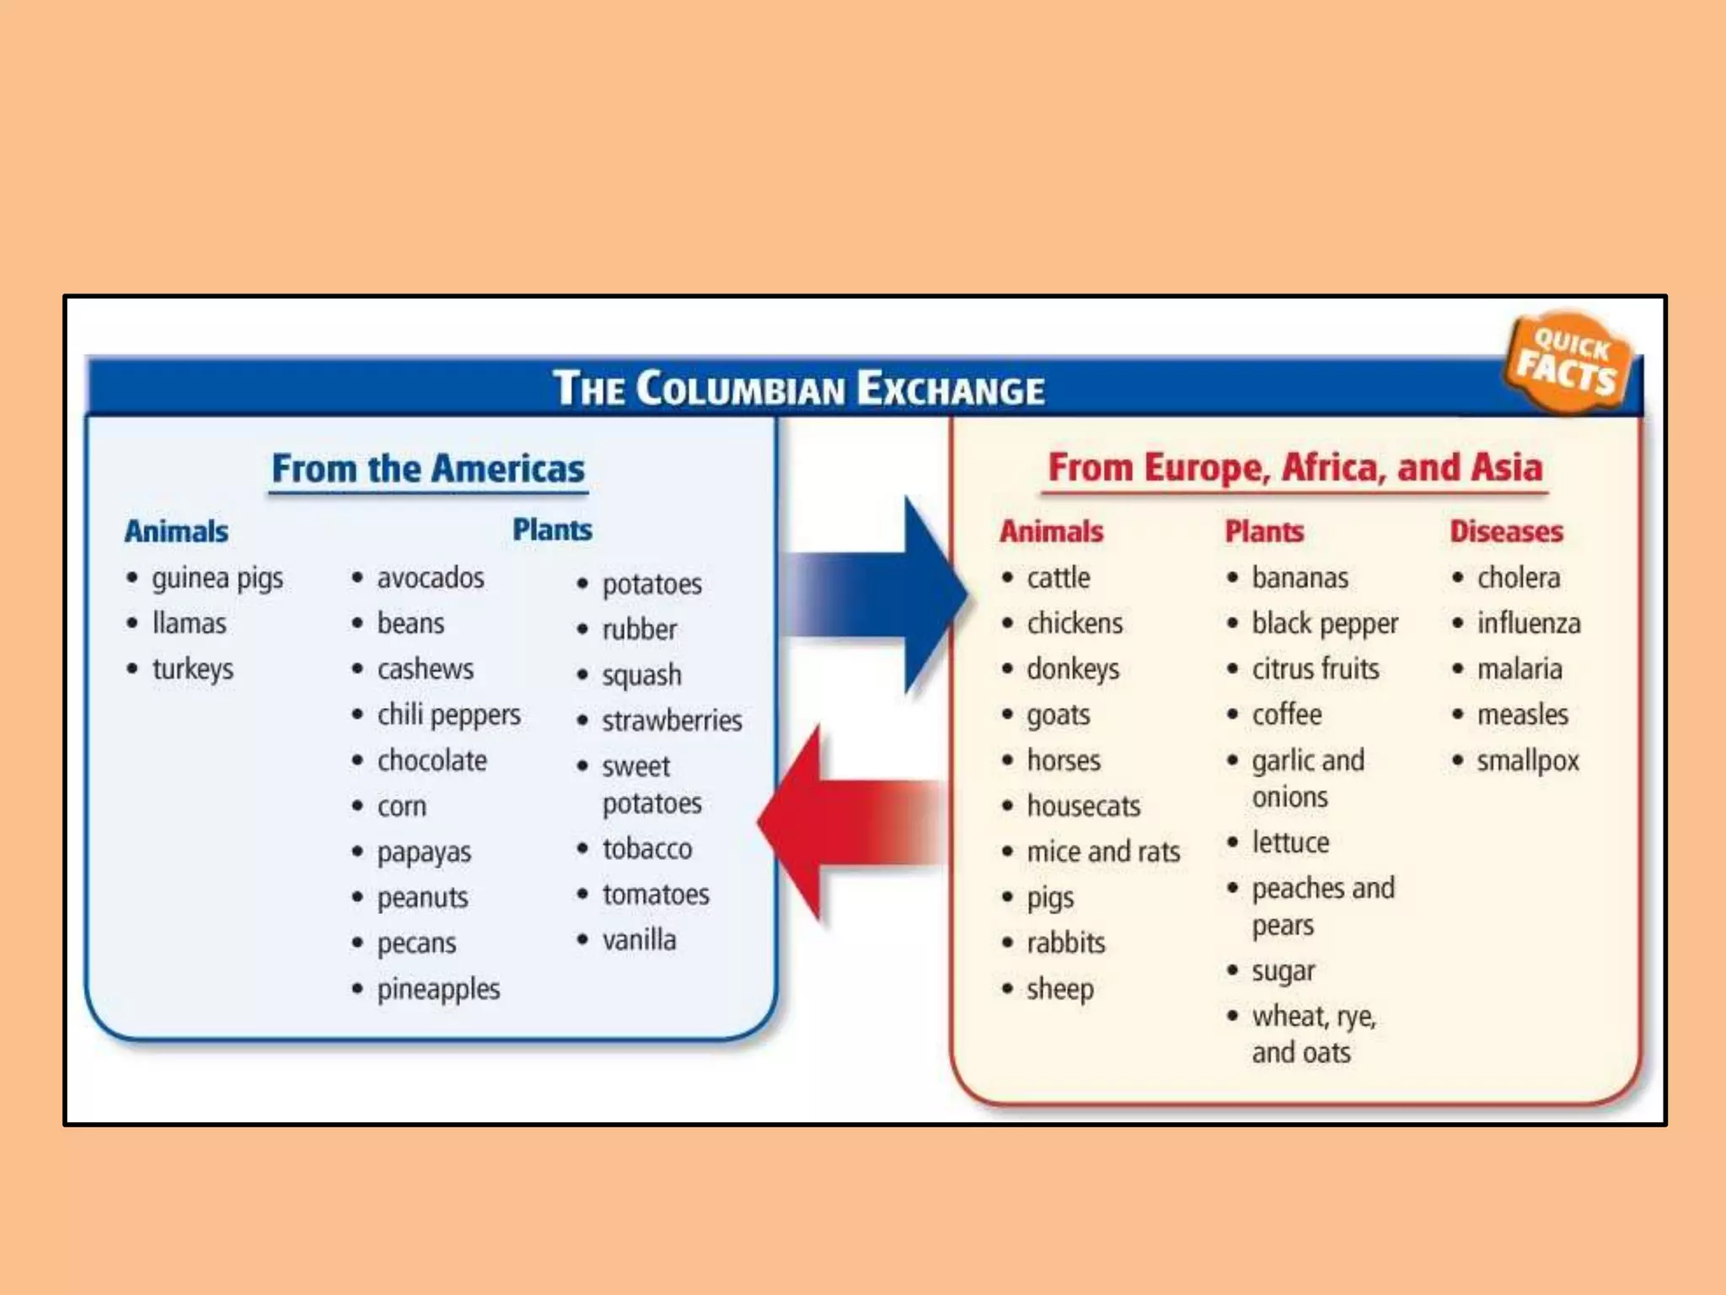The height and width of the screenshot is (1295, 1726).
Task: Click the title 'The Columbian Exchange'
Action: coord(798,389)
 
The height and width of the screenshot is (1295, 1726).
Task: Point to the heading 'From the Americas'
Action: coord(427,469)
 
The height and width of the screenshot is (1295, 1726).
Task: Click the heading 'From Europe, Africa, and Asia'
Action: coord(1294,468)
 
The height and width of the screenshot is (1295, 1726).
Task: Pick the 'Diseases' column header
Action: coord(1506,531)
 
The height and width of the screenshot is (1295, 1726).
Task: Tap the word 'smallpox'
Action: coord(1527,760)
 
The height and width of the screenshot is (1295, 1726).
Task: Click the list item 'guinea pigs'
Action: coord(217,578)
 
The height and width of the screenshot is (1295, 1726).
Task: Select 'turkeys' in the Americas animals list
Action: coord(192,669)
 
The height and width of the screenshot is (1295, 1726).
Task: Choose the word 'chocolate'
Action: coord(431,760)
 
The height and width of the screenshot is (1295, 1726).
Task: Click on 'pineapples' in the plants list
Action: coord(438,989)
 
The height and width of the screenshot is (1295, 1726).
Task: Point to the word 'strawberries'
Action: coord(672,721)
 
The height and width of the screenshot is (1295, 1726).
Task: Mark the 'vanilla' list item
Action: coord(639,940)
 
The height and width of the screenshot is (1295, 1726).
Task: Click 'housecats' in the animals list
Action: coord(1083,806)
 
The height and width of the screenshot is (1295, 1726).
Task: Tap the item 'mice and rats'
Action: coord(1103,852)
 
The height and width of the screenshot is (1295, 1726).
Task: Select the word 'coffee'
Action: coord(1286,715)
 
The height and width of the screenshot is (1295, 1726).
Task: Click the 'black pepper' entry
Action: coord(1324,624)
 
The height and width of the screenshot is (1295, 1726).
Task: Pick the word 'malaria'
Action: coord(1519,669)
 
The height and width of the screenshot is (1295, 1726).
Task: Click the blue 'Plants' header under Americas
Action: coord(552,530)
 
